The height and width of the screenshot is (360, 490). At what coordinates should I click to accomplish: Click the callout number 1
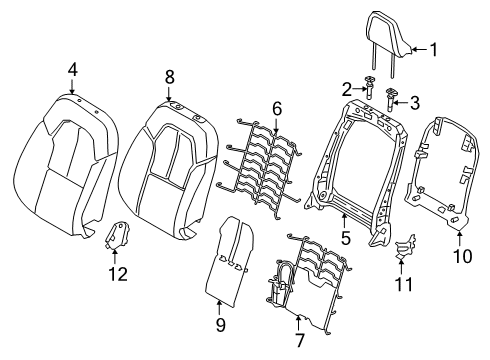[x=433, y=50]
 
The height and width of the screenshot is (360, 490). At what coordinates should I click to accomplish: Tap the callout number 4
[x=73, y=70]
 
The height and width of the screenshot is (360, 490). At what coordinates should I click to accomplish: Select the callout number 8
[x=169, y=77]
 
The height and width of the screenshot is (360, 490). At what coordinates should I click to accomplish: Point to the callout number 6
[x=277, y=109]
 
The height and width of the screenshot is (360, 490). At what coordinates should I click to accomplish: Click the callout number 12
[x=118, y=274]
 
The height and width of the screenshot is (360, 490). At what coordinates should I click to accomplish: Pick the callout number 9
[x=220, y=324]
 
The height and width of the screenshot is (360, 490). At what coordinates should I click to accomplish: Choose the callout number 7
[x=300, y=340]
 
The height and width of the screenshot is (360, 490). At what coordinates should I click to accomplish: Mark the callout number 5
[x=345, y=238]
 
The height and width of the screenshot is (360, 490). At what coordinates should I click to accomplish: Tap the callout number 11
[x=404, y=284]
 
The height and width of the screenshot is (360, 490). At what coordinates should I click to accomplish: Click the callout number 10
[x=463, y=256]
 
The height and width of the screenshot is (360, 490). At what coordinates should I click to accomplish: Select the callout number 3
[x=415, y=103]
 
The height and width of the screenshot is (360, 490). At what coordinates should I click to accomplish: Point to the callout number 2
[x=347, y=89]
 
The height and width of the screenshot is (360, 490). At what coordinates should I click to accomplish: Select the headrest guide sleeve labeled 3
[x=390, y=99]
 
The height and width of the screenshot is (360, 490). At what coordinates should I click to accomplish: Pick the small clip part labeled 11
[x=404, y=247]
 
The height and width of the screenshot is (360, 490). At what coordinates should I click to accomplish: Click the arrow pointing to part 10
[x=460, y=239]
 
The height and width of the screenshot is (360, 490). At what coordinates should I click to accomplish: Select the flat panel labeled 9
[x=230, y=261]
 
